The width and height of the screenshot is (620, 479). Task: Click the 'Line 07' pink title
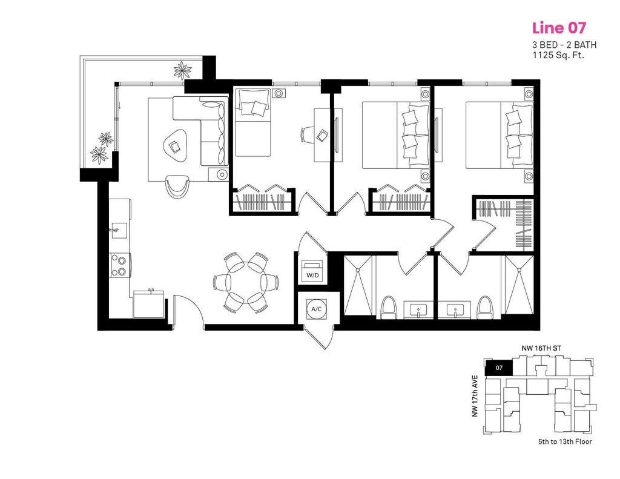point(558,28)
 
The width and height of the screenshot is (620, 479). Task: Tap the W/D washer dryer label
point(312,275)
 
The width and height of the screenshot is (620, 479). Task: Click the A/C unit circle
point(316,309)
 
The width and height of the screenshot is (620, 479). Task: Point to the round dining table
point(245,282)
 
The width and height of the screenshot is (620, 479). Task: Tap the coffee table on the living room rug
point(175,145)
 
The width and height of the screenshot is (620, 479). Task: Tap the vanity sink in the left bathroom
point(417,311)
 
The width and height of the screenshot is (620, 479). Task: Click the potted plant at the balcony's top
point(182,67)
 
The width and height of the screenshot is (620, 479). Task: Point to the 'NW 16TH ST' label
point(540,349)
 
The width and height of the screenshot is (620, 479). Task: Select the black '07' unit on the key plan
point(498,368)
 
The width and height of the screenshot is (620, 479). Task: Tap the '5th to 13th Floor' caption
point(564,441)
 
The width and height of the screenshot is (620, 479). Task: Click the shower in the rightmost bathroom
point(519,285)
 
